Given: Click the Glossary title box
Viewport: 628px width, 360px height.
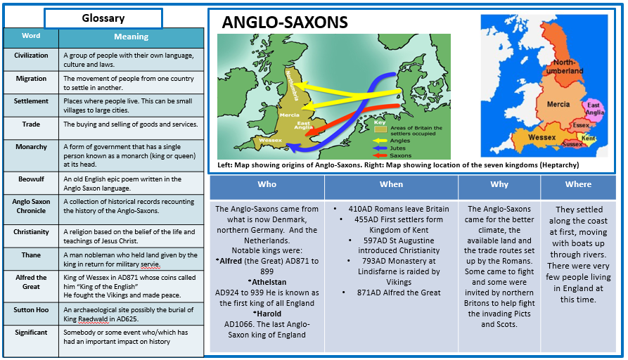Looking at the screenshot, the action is coord(103,18).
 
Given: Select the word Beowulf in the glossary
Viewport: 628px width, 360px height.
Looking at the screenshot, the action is coord(31,179).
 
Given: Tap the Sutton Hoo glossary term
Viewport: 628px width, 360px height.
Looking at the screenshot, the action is coord(31,309).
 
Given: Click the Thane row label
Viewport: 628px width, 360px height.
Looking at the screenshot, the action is coord(31,255).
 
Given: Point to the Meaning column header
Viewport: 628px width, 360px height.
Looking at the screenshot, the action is coord(131,37).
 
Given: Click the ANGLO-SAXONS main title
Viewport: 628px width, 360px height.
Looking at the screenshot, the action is coord(285,22).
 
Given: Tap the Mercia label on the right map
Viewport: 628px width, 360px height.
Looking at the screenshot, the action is coord(558,104).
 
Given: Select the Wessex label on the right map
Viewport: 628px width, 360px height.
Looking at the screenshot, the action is coord(542,137).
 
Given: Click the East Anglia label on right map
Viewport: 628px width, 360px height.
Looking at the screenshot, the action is coord(594,108).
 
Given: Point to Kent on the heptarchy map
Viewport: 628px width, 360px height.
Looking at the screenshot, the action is coord(588,138).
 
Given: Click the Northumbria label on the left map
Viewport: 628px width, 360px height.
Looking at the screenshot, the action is coord(292,86).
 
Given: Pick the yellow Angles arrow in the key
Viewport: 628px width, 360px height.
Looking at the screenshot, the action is coord(379,141).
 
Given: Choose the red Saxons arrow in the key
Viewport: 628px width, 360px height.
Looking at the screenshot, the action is coord(379,155).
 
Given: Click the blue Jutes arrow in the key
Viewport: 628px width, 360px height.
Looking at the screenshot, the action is coord(379,148).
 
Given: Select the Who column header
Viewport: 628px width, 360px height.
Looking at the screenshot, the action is coord(267,184).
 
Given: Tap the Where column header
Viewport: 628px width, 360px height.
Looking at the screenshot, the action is coord(578,184).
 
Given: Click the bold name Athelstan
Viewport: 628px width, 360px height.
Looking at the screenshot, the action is coord(269,282).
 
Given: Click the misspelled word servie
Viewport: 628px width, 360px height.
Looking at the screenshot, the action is coord(150,264).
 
